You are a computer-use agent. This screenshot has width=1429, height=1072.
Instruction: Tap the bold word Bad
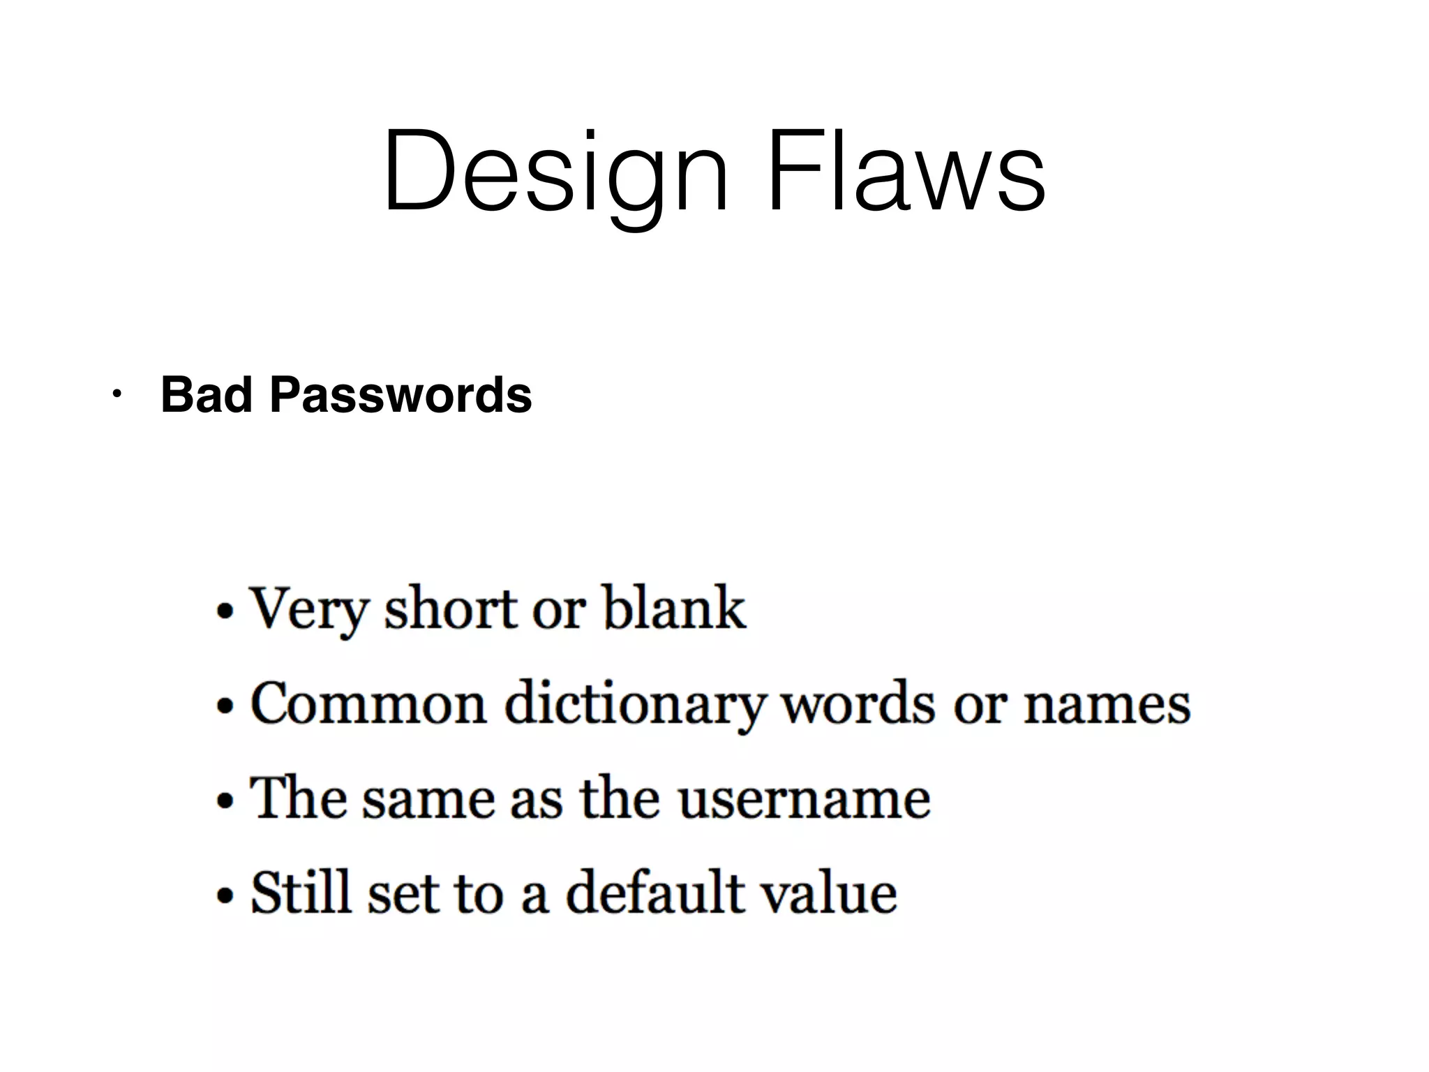click(206, 395)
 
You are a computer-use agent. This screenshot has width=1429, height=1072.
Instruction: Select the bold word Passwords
click(401, 395)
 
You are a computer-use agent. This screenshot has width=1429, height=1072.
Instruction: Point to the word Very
click(307, 609)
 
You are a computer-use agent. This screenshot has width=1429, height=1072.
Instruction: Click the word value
click(828, 892)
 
